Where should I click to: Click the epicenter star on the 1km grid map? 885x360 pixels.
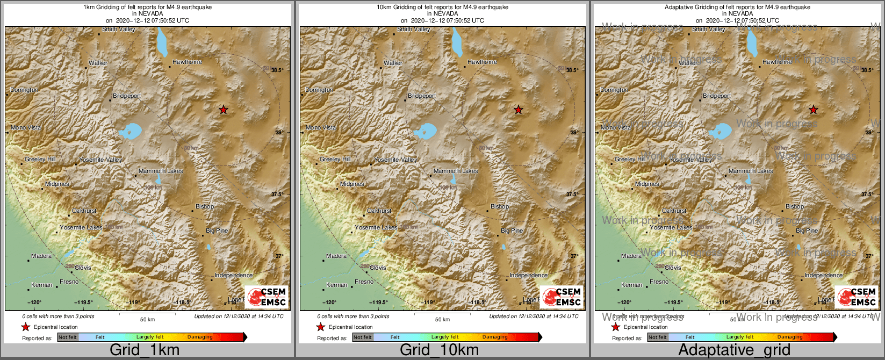[x=224, y=110]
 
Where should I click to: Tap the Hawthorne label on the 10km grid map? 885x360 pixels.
[x=482, y=62]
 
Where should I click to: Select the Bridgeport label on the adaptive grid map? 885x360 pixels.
[x=717, y=96]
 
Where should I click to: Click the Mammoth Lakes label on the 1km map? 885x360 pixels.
[x=161, y=171]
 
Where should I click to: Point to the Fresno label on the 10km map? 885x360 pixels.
[x=364, y=282]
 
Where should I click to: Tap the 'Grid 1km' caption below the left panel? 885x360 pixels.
[x=145, y=350]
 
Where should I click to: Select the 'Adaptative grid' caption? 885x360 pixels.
[x=734, y=350]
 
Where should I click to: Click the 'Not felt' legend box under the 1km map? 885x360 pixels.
[x=68, y=337]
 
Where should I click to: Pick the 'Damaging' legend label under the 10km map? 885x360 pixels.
[x=495, y=337]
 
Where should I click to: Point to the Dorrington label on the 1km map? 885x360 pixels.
[x=24, y=90]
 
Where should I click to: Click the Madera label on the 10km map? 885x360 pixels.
[x=336, y=256]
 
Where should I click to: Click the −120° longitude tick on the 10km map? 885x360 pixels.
[x=329, y=303]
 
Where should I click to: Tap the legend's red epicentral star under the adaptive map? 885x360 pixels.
[x=616, y=327]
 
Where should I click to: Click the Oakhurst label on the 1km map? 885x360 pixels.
[x=84, y=211]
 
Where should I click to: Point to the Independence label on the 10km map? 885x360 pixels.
[x=528, y=276]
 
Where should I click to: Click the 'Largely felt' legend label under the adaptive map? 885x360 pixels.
[x=740, y=337]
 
